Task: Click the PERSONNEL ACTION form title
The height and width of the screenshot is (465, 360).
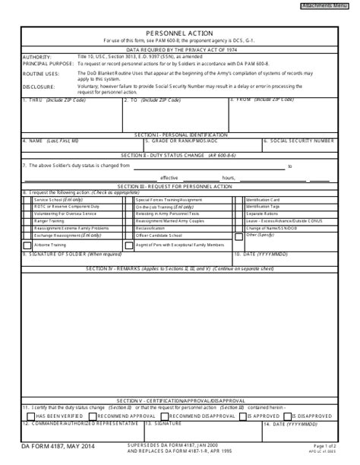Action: pyautogui.click(x=179, y=33)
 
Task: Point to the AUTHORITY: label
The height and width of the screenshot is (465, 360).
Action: pyautogui.click(x=37, y=57)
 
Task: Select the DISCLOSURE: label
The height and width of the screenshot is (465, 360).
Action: pyautogui.click(x=39, y=87)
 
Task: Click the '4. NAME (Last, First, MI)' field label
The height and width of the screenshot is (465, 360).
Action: pyautogui.click(x=56, y=141)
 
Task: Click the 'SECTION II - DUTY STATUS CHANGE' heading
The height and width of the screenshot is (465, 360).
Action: pyautogui.click(x=179, y=154)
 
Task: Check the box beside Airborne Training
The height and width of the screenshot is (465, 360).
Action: pyautogui.click(x=27, y=245)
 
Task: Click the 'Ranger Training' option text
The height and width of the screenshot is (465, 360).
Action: pyautogui.click(x=49, y=220)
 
